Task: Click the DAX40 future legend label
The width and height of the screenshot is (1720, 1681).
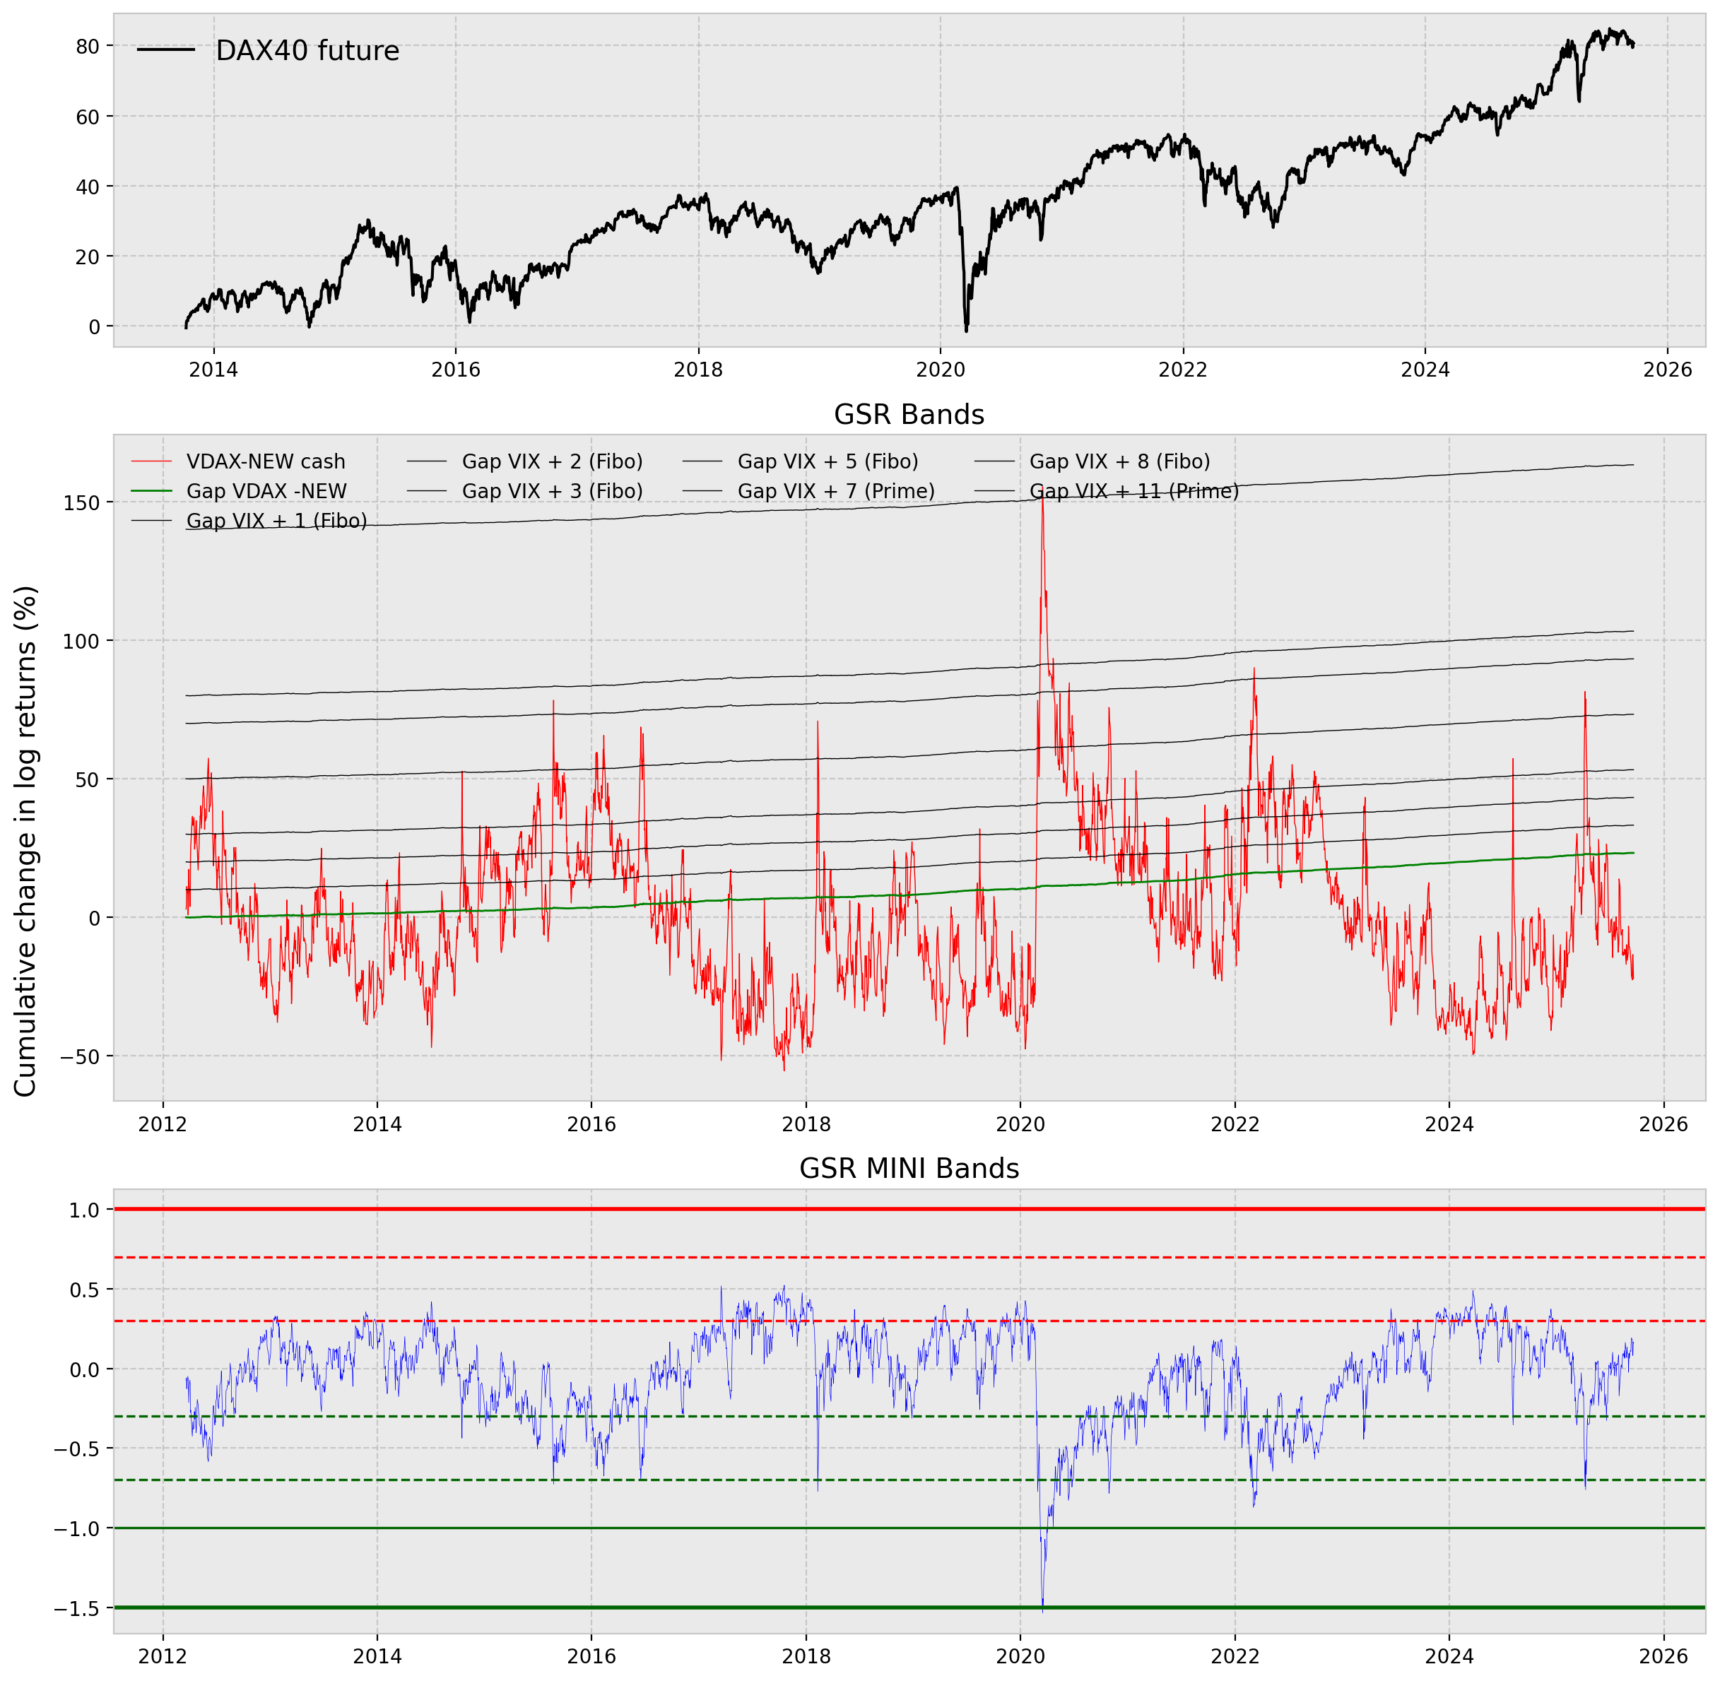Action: [307, 51]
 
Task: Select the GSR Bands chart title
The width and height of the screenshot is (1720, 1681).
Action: [909, 415]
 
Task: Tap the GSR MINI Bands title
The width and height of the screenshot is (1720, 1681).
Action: [909, 1168]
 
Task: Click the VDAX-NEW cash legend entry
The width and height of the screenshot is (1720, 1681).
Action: [265, 461]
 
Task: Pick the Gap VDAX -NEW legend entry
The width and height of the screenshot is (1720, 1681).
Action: [266, 491]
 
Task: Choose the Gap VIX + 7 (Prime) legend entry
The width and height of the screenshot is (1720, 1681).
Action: [835, 491]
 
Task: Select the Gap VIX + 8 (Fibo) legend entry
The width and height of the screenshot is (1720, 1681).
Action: [1119, 461]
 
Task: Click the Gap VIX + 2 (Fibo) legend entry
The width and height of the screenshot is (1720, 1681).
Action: [552, 461]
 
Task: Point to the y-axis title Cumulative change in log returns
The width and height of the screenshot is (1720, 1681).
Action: [26, 842]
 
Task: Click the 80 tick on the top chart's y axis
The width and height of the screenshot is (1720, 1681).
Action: [88, 47]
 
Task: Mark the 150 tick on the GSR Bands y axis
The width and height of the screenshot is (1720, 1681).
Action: [81, 502]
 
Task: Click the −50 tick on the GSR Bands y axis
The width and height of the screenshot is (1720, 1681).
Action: [79, 1056]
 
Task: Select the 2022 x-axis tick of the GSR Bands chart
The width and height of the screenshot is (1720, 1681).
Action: [1235, 1124]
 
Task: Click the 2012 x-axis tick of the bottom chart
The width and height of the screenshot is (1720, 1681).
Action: [163, 1656]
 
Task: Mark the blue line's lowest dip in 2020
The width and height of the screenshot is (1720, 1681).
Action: [1043, 1610]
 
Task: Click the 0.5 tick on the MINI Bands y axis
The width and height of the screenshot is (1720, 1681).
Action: [85, 1289]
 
